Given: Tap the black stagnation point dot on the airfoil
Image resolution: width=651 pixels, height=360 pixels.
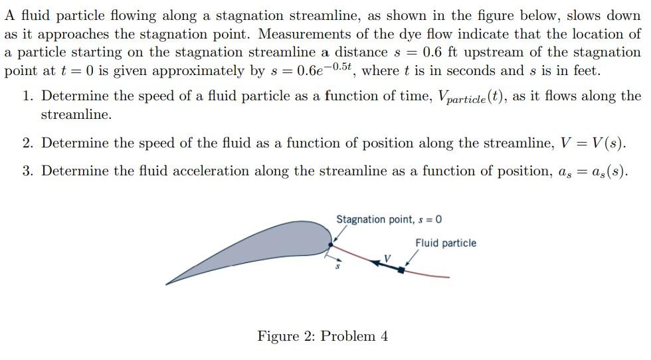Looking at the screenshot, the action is tap(331, 244).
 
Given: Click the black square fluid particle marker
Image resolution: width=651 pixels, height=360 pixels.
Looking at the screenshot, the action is tap(401, 270).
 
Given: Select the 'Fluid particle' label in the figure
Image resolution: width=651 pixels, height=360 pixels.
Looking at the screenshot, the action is tap(445, 243).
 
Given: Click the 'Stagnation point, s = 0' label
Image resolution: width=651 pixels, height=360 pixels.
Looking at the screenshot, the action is tap(389, 219).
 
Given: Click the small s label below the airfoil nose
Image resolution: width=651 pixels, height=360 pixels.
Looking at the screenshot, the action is tap(337, 266).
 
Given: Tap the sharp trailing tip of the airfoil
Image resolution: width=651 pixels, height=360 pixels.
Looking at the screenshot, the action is tap(167, 284).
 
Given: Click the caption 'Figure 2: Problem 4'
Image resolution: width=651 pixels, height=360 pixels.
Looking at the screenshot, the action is tap(323, 336).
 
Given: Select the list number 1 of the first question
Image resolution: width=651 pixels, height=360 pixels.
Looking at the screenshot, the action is tap(27, 96).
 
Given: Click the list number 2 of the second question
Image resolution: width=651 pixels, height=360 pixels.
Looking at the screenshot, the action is tap(27, 143).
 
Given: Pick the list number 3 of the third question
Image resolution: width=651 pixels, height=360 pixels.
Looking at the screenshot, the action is tap(27, 171).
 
